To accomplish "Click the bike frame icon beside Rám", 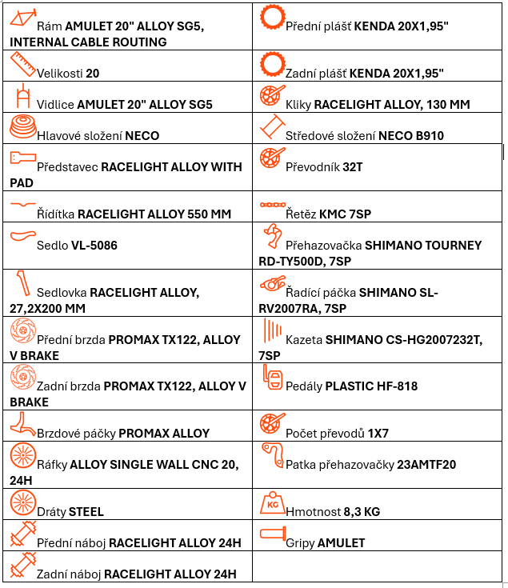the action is pos(22,18).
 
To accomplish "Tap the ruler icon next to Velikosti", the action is pos(22,65).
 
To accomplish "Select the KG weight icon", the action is pos(272,503).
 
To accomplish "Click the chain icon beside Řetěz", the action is pos(273,205).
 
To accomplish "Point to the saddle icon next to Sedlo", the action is pos(22,236).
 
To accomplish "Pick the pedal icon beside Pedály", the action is pos(273,378).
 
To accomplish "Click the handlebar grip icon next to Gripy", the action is pos(273,534).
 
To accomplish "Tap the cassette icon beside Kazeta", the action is pos(273,330).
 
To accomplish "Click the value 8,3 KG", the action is pos(362,511).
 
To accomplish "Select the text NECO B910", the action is pos(411,135).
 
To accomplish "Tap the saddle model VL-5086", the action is pos(94,246).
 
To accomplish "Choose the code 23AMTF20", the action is pos(426,465).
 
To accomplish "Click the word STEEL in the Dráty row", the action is pos(86,512).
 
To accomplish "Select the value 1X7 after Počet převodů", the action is pos(378,434).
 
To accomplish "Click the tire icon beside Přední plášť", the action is pos(273,18).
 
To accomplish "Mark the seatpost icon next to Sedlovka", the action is pos(22,283).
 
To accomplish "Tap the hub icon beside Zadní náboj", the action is pos(23,565).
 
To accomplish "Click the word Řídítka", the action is pos(55,214).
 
